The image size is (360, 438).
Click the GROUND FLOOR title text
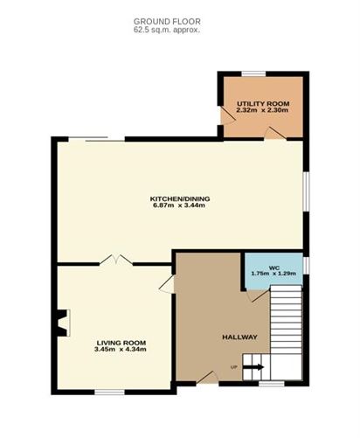click(x=167, y=21)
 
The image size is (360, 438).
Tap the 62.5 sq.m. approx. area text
click(x=167, y=30)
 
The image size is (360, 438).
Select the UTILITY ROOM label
click(x=263, y=104)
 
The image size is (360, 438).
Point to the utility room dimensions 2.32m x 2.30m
click(x=262, y=110)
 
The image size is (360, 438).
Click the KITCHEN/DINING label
click(x=180, y=198)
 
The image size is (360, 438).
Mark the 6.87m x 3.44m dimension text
click(x=179, y=205)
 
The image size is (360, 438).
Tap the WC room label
click(x=273, y=268)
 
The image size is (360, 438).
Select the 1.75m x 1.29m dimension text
click(x=273, y=274)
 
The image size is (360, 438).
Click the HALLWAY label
click(x=239, y=337)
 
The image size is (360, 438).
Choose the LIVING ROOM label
click(x=121, y=343)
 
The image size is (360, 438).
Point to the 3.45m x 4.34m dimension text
click(x=121, y=349)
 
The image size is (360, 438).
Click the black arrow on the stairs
click(x=253, y=367)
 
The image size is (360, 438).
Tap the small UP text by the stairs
click(x=233, y=367)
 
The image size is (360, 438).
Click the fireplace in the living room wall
click(x=62, y=323)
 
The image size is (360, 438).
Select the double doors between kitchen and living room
click(x=116, y=260)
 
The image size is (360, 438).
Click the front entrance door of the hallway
click(x=207, y=378)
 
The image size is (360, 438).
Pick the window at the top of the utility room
click(x=253, y=73)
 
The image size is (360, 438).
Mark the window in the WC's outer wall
click(x=306, y=266)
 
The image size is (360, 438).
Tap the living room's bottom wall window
click(x=109, y=393)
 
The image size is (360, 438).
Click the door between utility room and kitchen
click(x=275, y=134)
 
